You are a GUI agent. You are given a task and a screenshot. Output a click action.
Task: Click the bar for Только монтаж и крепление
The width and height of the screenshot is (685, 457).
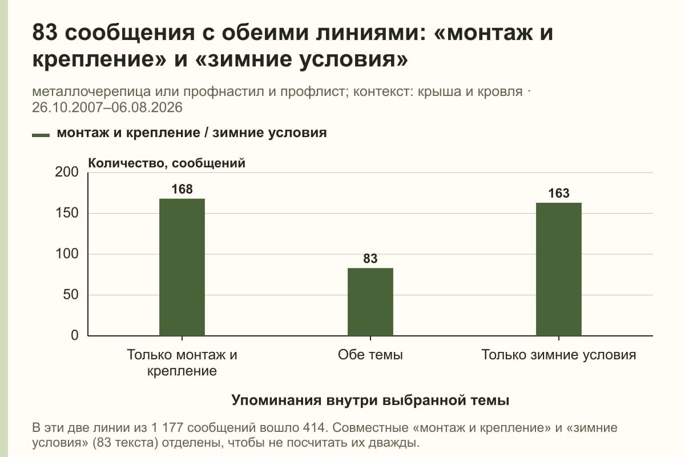(182, 267)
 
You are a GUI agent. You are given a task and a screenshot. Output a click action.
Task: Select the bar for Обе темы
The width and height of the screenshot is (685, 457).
(370, 302)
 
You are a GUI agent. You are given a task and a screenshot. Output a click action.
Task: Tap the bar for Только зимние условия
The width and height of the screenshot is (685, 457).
(559, 270)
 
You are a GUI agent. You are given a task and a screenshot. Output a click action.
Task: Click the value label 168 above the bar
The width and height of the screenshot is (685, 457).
(182, 189)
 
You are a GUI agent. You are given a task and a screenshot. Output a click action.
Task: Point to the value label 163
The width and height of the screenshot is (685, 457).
(559, 193)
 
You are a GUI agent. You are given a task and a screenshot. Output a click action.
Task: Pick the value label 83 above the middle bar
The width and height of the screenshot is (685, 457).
(370, 259)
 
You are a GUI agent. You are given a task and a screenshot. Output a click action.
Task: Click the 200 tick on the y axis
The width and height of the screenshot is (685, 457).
(67, 172)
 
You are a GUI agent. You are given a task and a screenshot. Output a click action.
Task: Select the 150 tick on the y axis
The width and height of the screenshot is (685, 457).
(67, 213)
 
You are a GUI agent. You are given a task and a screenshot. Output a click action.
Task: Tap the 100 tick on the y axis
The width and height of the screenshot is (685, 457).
(67, 254)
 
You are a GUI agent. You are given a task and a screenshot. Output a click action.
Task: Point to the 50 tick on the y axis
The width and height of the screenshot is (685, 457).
(71, 295)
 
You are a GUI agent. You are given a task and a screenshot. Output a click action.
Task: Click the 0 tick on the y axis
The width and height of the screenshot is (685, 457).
(75, 335)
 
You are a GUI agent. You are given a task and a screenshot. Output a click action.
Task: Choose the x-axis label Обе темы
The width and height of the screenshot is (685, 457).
(370, 355)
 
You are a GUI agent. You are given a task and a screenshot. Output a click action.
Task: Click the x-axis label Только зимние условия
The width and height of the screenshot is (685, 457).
(559, 355)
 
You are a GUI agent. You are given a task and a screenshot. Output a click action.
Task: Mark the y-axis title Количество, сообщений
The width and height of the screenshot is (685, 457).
(167, 163)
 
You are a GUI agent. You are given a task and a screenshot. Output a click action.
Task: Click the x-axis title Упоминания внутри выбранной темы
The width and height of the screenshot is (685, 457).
(370, 400)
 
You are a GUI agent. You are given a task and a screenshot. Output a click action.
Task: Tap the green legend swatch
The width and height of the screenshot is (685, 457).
(41, 135)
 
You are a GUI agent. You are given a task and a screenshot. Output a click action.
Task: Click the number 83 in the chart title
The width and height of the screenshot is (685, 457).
(45, 32)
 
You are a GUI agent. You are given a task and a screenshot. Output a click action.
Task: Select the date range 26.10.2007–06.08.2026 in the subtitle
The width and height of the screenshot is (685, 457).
(107, 107)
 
